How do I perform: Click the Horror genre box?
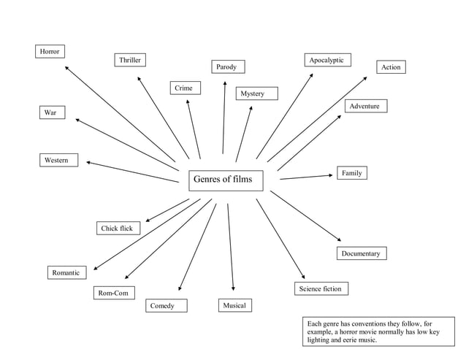coord(50,51)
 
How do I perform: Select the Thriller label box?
coord(130,59)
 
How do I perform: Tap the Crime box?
coord(185,88)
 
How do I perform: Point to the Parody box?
coord(227,67)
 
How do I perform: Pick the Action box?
coord(391,67)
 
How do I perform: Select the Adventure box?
coord(364,107)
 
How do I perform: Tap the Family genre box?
coord(352,173)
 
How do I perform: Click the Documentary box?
coord(361,253)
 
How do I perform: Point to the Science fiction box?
coord(321,288)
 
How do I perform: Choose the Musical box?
coord(234,305)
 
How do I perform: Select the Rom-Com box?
coord(113,293)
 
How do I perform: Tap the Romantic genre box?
coord(66,272)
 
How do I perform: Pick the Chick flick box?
coord(117,229)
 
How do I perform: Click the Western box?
coord(58,160)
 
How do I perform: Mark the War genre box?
coord(51,112)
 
